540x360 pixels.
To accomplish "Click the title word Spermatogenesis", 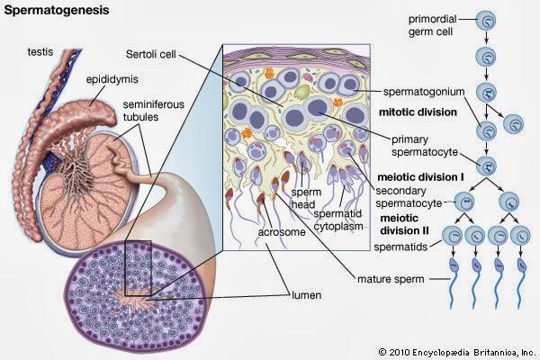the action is (57, 10).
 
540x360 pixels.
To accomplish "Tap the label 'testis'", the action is (40, 52).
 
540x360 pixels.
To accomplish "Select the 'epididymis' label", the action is (112, 79).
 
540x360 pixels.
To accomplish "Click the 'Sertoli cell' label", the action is (151, 54).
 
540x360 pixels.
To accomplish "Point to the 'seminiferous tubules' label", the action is (154, 111).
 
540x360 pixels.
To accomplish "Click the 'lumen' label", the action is (307, 295).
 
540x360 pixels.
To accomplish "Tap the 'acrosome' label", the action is (282, 232).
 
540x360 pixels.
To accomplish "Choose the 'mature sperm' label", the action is (391, 279).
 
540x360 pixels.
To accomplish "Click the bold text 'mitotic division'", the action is (418, 112).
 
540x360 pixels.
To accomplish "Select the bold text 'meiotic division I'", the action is (420, 177).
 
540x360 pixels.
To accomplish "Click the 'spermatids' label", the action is (400, 247).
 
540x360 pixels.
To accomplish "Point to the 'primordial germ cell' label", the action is (432, 25).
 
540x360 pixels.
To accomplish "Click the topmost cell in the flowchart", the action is (486, 20).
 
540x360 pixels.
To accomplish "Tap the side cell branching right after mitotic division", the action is (513, 124).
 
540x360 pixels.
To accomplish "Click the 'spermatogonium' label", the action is (424, 92).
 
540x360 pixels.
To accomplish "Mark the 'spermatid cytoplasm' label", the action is (338, 220).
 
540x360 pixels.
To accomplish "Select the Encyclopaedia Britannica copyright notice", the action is (457, 353).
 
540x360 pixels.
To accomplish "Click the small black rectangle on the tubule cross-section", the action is (138, 268).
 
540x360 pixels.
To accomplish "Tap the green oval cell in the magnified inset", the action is (302, 92).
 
